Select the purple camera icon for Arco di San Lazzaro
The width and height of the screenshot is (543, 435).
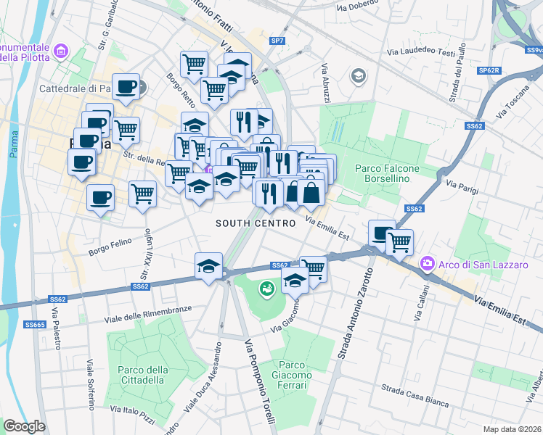click(428, 265)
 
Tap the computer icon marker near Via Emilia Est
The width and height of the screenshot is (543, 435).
click(381, 232)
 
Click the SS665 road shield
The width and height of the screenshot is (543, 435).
click(35, 325)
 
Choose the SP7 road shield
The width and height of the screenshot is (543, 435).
click(277, 41)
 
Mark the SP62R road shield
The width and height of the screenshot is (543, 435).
click(489, 72)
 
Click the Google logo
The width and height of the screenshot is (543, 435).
click(24, 426)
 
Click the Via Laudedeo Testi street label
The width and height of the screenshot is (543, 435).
click(420, 52)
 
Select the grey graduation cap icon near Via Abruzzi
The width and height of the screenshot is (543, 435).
click(357, 75)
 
